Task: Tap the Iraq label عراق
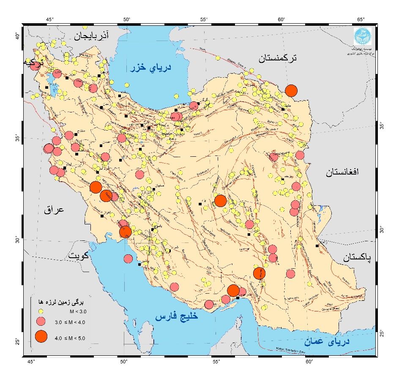tap(54, 210)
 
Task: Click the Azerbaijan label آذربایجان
tap(91, 35)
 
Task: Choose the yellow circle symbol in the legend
tap(41, 311)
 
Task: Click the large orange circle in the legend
tap(41, 336)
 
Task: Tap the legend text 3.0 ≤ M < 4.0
tap(70, 323)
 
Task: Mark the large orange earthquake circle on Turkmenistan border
tap(291, 90)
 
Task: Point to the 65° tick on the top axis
tap(361, 19)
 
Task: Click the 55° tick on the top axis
tap(204, 19)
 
